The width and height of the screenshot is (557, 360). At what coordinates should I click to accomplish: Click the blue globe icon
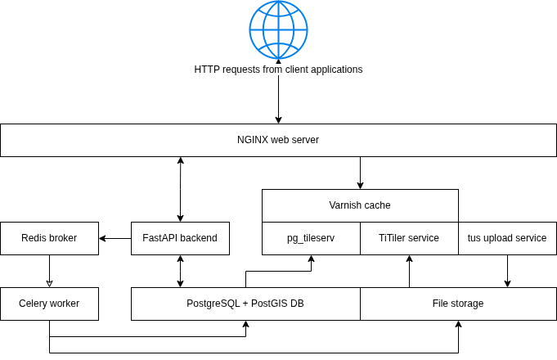click(x=278, y=29)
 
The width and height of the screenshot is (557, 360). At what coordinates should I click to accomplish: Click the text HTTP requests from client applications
click(x=278, y=70)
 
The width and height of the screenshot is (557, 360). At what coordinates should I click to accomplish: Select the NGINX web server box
click(x=278, y=140)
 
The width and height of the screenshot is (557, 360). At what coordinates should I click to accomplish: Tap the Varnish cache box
click(x=360, y=205)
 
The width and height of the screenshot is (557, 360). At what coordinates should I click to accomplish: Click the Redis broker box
click(x=49, y=238)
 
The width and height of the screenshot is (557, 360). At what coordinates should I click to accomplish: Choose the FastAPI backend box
click(x=180, y=238)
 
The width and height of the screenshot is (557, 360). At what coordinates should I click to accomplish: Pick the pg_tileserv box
click(x=311, y=238)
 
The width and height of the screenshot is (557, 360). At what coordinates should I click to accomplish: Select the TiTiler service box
click(x=409, y=238)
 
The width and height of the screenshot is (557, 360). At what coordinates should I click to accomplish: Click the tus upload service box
click(x=507, y=238)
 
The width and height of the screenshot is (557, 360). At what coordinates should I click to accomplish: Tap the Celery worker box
click(x=49, y=304)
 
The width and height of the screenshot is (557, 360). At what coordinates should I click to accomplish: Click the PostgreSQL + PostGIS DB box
click(x=245, y=304)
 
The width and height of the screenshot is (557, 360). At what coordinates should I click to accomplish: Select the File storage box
click(x=458, y=304)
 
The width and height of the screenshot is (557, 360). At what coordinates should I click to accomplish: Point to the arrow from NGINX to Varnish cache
click(x=360, y=173)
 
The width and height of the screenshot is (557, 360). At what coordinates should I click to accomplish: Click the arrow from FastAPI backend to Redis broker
click(x=115, y=238)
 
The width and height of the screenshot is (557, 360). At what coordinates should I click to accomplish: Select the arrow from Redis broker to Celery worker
click(x=49, y=271)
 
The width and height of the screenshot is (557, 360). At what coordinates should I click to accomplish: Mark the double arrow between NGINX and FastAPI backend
click(x=180, y=189)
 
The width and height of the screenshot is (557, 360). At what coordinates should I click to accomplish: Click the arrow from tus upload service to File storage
click(x=507, y=271)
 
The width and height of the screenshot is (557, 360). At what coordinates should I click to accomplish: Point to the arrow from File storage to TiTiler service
click(x=409, y=271)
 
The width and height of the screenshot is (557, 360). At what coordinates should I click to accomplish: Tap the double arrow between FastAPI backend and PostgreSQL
click(x=180, y=271)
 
